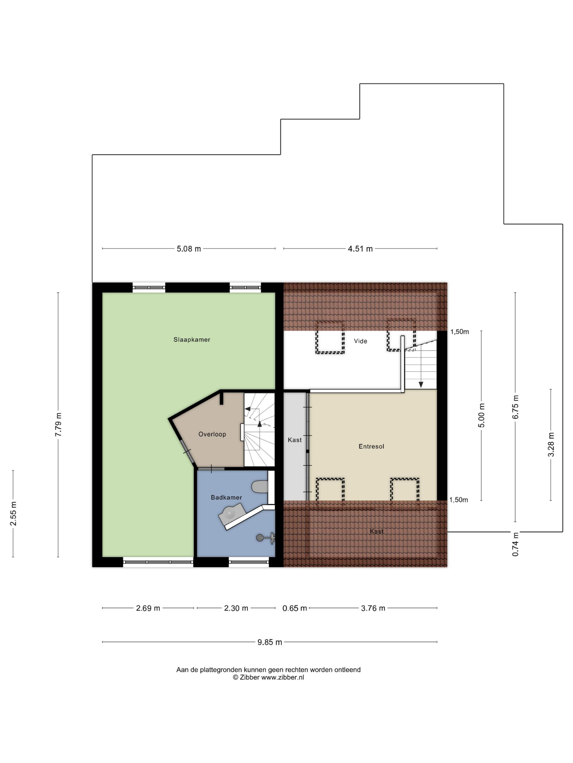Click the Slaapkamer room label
[x=192, y=340]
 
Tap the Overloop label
[x=212, y=434]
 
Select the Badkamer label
[x=226, y=498]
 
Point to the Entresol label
[x=371, y=446]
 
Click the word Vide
[x=360, y=341]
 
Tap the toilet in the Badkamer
[x=260, y=487]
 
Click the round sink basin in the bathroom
[x=229, y=513]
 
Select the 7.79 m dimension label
[x=58, y=425]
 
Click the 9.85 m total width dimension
[x=270, y=642]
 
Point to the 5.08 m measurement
[x=189, y=249]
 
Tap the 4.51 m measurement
[x=360, y=249]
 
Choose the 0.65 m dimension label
[x=295, y=608]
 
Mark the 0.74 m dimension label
[x=515, y=544]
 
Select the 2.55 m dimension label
[x=13, y=514]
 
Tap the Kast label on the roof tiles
[x=376, y=532]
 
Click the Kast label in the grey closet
[x=295, y=440]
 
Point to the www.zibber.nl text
[x=282, y=677]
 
